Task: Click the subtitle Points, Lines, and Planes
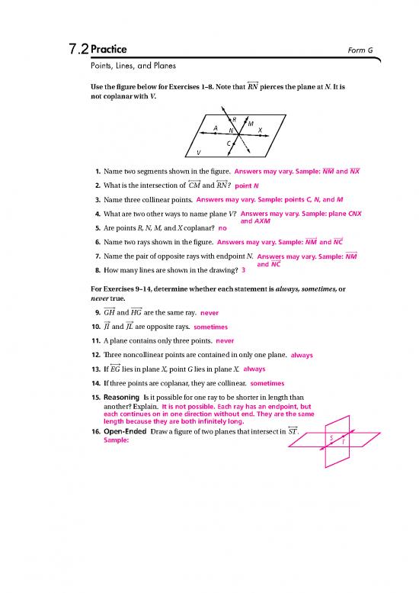[x=133, y=66]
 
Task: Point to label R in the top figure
[x=234, y=119]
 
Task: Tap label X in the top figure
[x=260, y=130]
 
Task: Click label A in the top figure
[x=216, y=127]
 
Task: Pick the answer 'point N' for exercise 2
[x=247, y=185]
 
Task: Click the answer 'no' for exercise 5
[x=222, y=227]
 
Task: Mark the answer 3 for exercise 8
[x=243, y=270]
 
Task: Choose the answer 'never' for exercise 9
[x=209, y=313]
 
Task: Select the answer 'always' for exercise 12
[x=302, y=355]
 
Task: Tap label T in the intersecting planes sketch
[x=342, y=442]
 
